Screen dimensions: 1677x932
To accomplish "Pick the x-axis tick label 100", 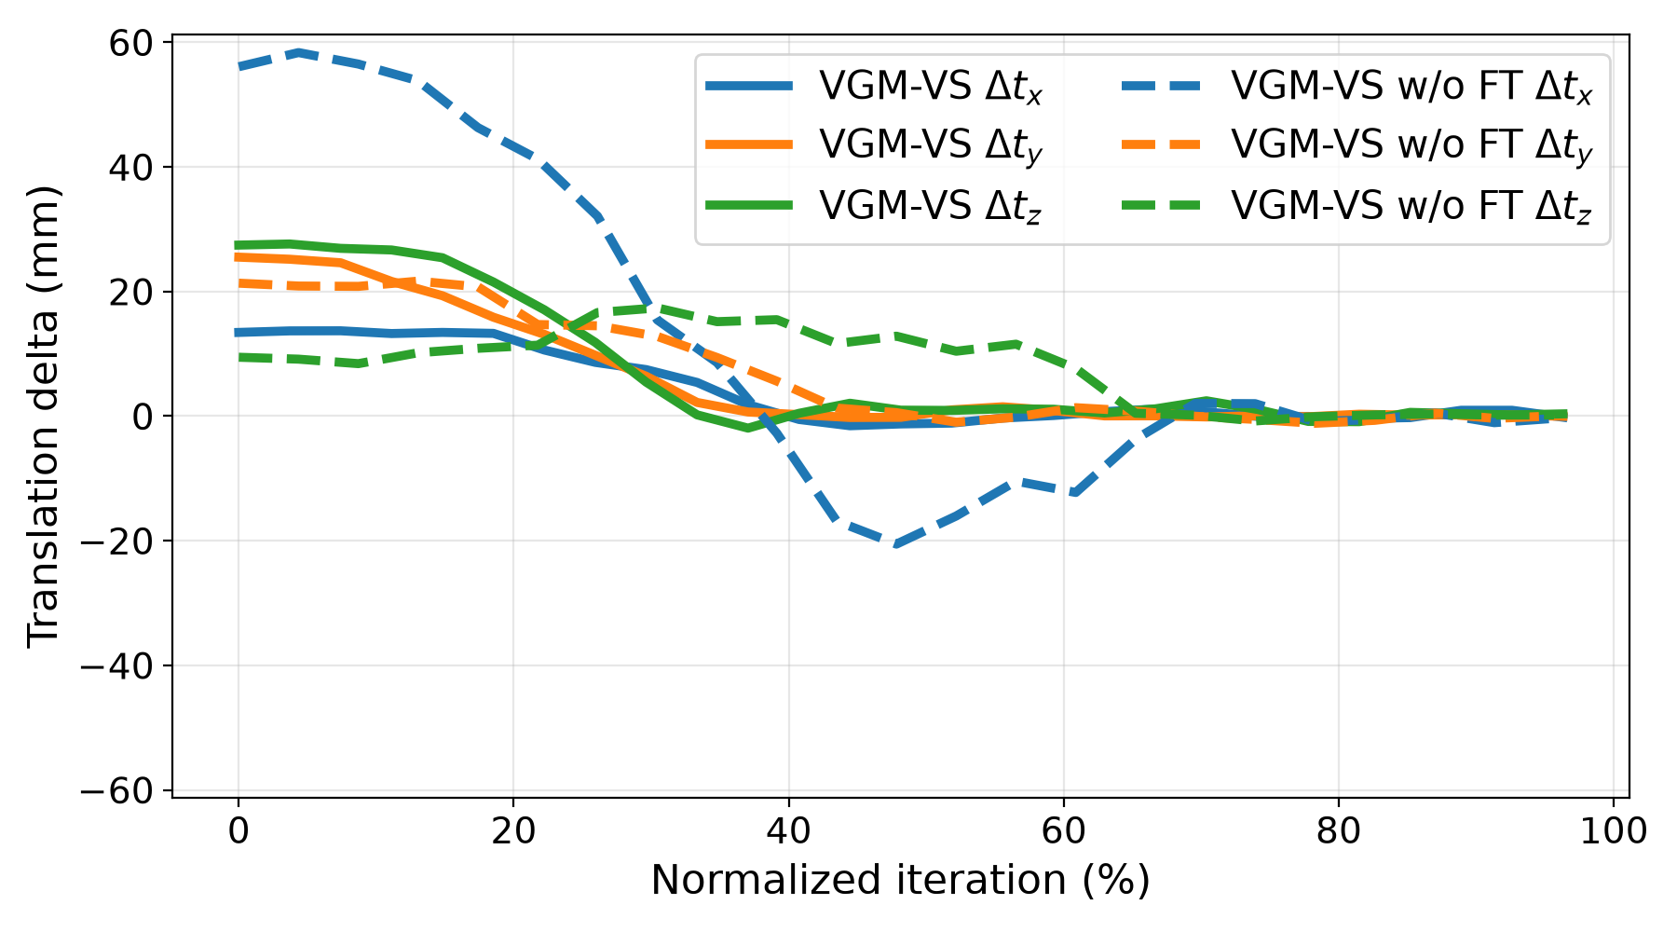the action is (1614, 830).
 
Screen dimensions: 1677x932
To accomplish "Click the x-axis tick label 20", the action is (513, 830).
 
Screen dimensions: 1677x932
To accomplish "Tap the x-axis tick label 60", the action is (1063, 830).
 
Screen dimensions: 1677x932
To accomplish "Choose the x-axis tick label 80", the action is (1339, 830).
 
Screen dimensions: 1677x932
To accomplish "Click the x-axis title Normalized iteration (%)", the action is (900, 880).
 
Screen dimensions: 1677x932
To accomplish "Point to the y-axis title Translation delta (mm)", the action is (43, 416).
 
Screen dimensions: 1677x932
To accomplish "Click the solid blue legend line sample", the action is (750, 87).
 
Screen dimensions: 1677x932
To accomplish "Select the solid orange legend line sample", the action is (750, 144).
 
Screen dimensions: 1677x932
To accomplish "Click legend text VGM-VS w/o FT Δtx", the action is (1411, 89).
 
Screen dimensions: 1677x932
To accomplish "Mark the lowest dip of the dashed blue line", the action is (894, 545).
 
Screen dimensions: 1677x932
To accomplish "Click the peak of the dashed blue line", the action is (298, 52).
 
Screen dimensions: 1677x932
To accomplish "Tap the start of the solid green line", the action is (239, 245).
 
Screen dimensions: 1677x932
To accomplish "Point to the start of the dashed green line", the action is (239, 357).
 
